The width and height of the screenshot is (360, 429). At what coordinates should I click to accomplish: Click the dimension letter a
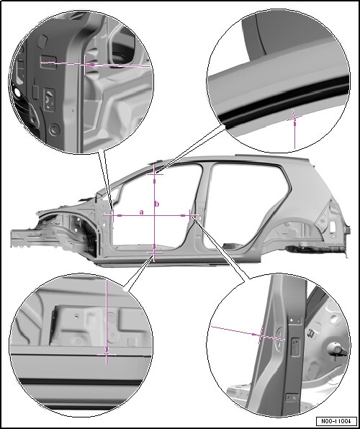[x=142, y=212]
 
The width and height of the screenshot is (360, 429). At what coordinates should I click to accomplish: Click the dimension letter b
[x=157, y=204]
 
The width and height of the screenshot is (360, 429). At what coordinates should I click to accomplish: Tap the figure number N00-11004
[x=336, y=421]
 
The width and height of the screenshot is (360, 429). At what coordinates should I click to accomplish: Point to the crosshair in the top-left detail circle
[x=85, y=65]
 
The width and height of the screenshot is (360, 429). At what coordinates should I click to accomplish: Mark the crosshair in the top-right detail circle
[x=294, y=118]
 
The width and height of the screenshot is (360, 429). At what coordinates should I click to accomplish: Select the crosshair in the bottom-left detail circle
[x=107, y=355]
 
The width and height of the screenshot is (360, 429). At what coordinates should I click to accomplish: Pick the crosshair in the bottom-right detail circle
[x=261, y=334]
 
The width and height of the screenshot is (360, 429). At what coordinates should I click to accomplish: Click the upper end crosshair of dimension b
[x=155, y=173]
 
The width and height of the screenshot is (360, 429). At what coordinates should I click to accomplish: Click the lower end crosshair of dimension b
[x=154, y=252]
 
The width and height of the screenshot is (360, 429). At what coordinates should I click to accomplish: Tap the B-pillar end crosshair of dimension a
[x=190, y=215]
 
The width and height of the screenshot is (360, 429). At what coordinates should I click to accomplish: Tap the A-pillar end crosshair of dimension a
[x=113, y=216]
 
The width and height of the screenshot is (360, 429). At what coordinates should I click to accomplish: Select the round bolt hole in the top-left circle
[x=55, y=129]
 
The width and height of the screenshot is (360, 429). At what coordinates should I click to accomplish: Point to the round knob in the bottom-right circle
[x=336, y=350]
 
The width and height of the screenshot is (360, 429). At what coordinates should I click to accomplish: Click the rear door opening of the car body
[x=246, y=205]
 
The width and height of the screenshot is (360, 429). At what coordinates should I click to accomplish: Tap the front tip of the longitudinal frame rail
[x=12, y=238]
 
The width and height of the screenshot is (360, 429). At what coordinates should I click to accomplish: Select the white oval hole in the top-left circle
[x=17, y=92]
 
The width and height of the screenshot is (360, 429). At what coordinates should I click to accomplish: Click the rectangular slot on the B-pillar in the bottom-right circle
[x=296, y=348]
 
